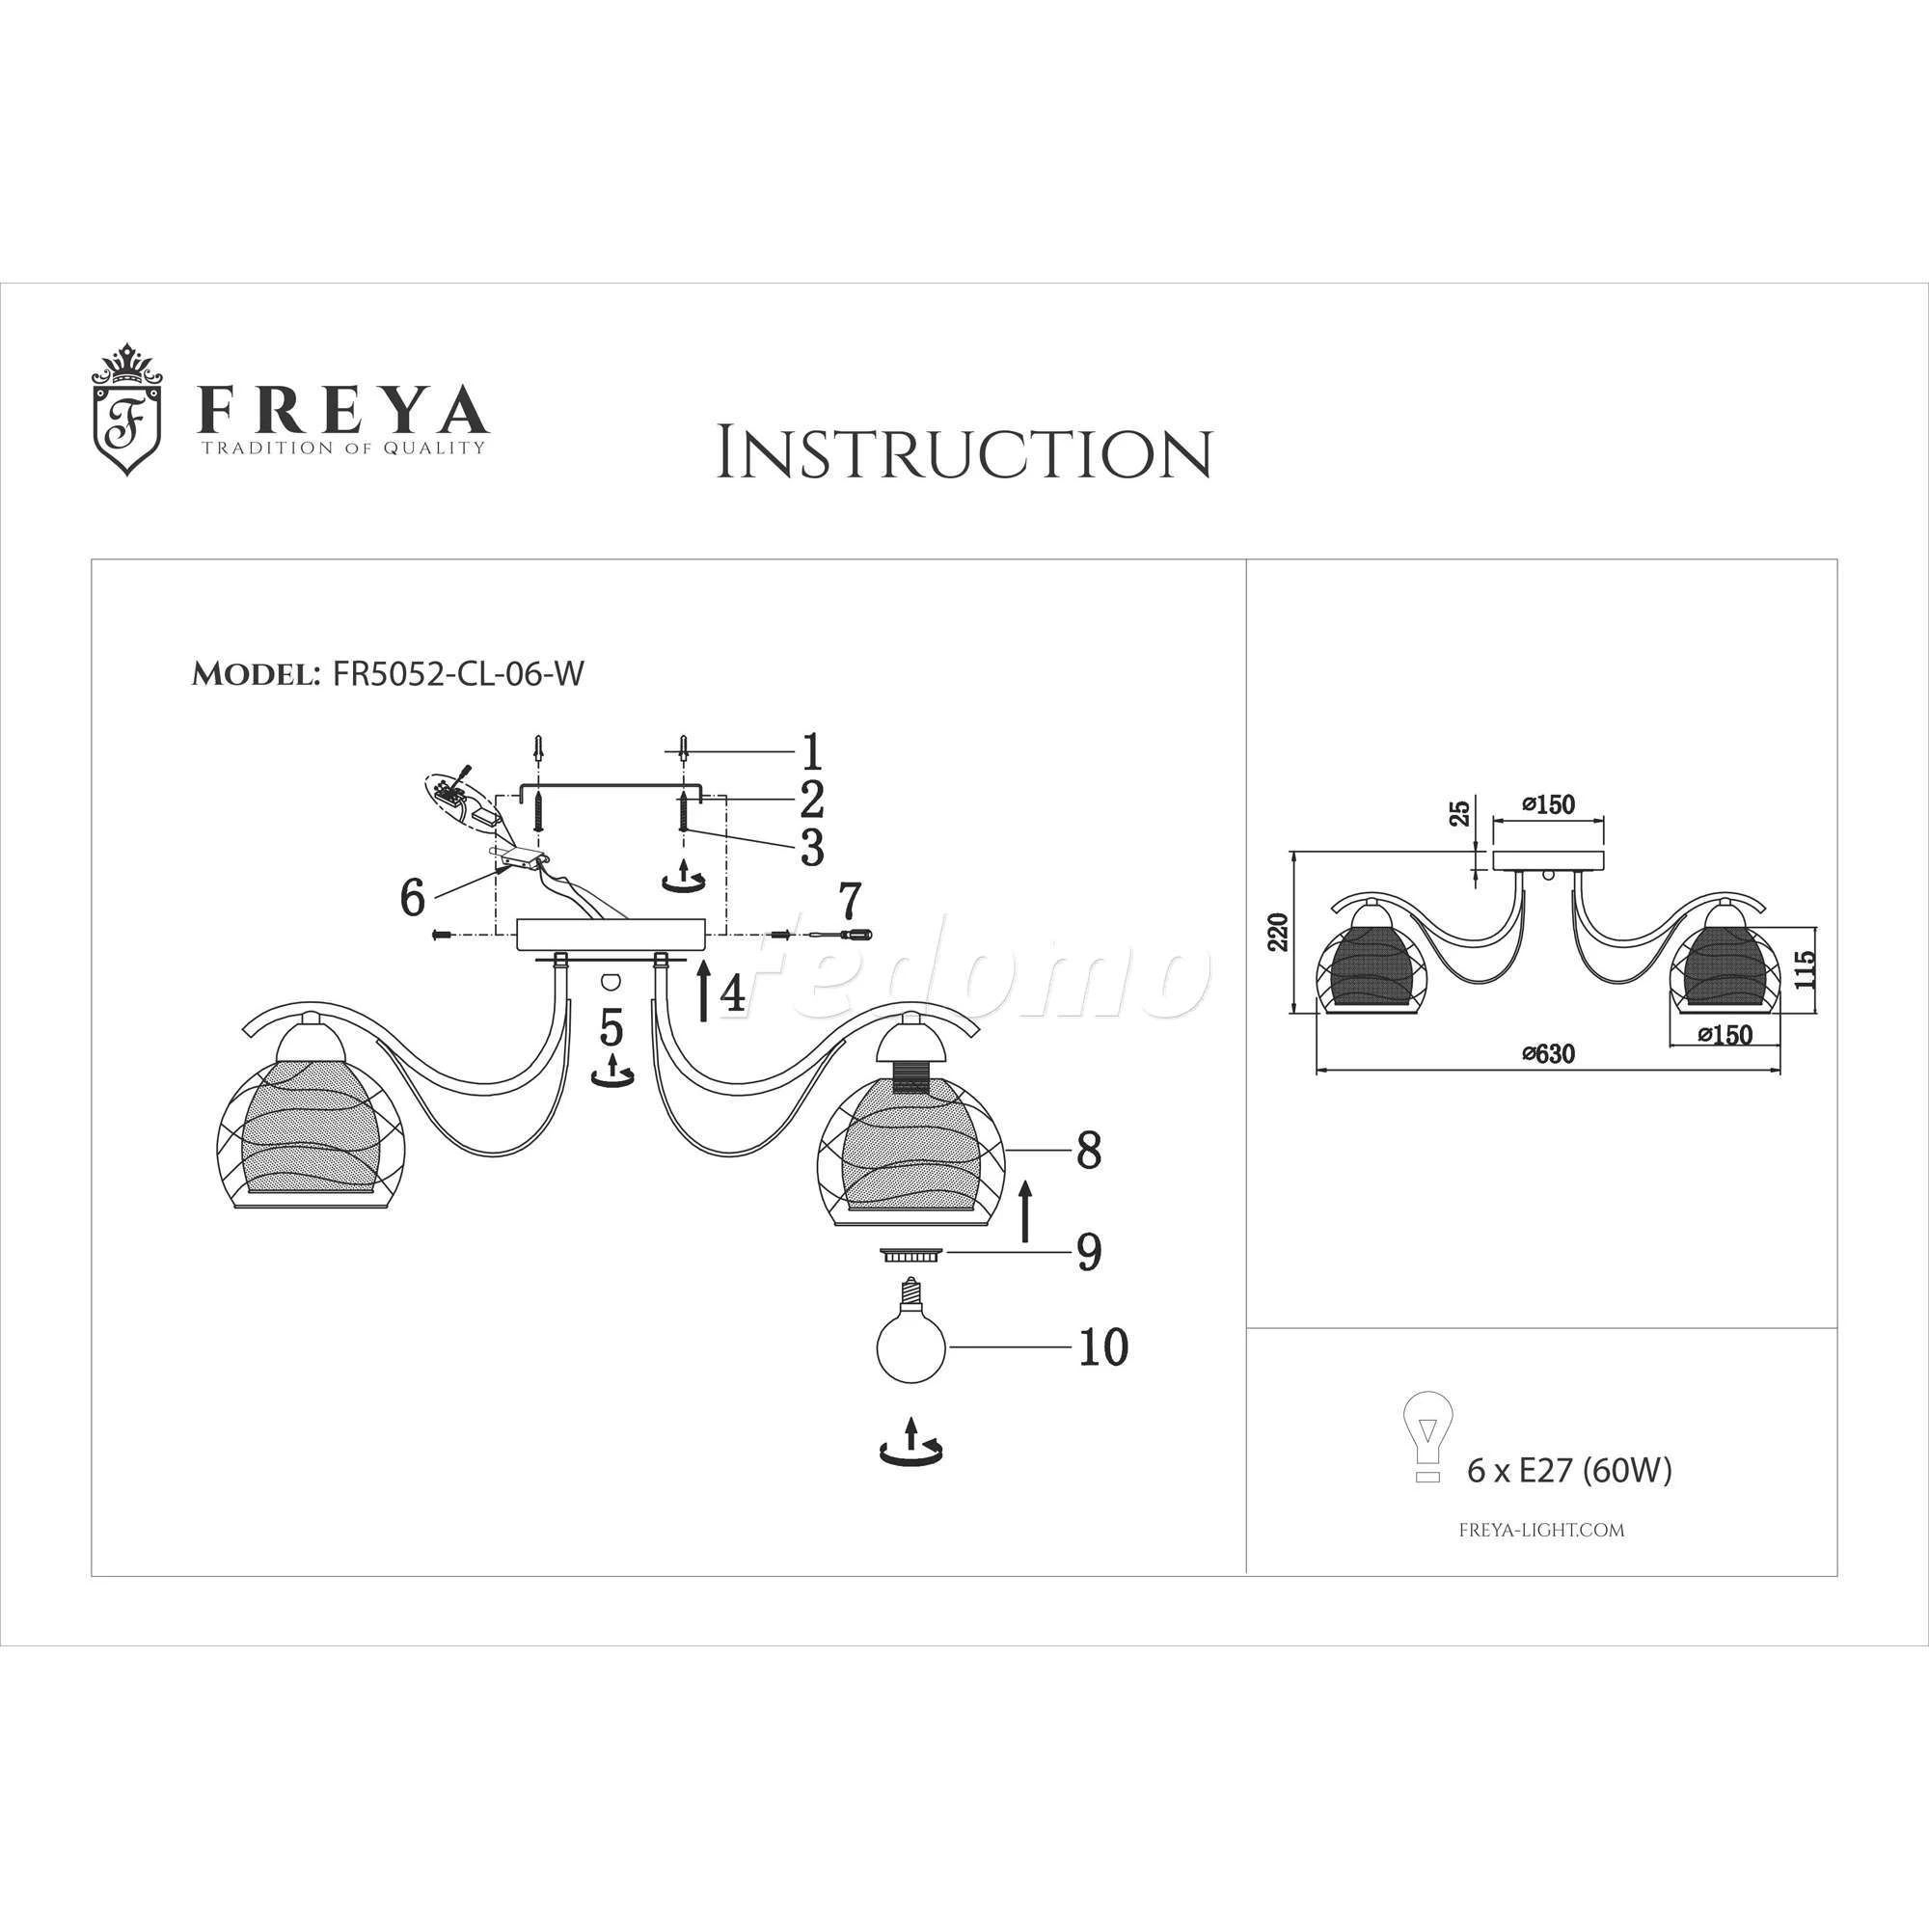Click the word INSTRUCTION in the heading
(964, 454)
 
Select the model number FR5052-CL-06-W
(458, 674)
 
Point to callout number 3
(812, 847)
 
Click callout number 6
(413, 897)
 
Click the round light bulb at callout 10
(910, 1342)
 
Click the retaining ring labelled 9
(910, 1254)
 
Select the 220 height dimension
(1278, 932)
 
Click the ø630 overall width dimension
(1549, 1053)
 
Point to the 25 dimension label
(1460, 813)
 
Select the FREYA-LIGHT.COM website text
(1541, 1529)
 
